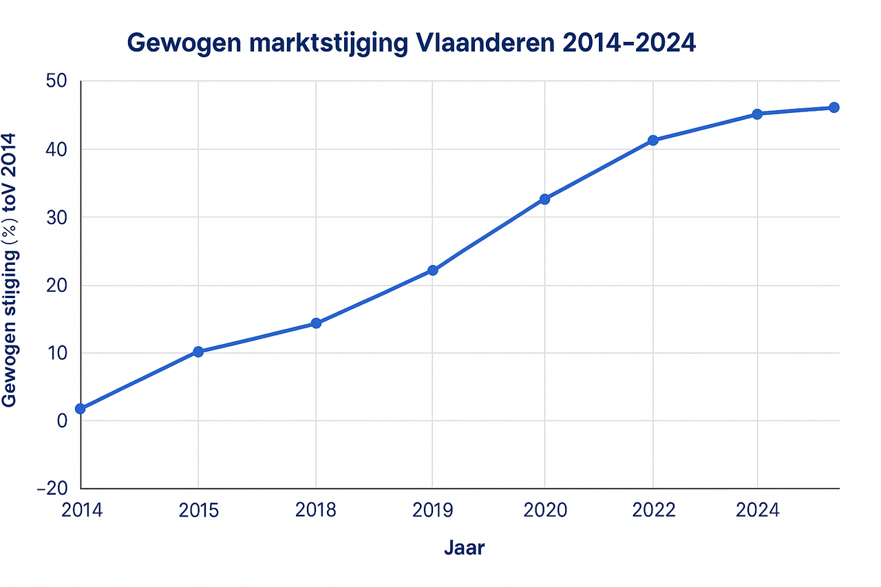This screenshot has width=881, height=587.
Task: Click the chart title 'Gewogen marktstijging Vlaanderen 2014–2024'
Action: coord(412,43)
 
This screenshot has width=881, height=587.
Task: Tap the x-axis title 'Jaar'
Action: coord(464,548)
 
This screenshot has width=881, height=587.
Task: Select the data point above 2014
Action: coord(81,409)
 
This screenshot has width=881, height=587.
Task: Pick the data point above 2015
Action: coord(198,352)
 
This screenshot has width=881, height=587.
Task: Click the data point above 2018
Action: coord(316,323)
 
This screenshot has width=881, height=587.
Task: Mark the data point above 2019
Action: coord(432,270)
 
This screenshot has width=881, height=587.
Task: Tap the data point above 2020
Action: coord(544,199)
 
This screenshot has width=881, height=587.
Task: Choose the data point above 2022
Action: coord(653,140)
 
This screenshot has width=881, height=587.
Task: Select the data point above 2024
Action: coord(757,114)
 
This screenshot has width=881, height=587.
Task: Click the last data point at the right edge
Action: coord(834,107)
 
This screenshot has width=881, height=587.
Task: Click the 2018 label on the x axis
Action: coord(316,510)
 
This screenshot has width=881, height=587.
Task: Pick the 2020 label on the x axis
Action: coord(544,510)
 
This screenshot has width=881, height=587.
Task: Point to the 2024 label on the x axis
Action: coord(757,510)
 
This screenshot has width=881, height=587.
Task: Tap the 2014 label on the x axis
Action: coord(81,510)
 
